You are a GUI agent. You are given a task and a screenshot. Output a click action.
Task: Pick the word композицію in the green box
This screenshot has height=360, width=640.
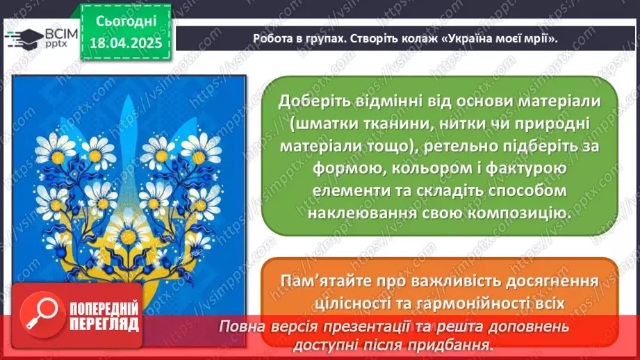click(x=514, y=213)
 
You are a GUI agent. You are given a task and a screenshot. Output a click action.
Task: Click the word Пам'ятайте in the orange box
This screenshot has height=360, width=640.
click(x=325, y=281)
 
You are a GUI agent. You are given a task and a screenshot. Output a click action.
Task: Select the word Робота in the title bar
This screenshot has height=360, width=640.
click(x=273, y=39)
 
